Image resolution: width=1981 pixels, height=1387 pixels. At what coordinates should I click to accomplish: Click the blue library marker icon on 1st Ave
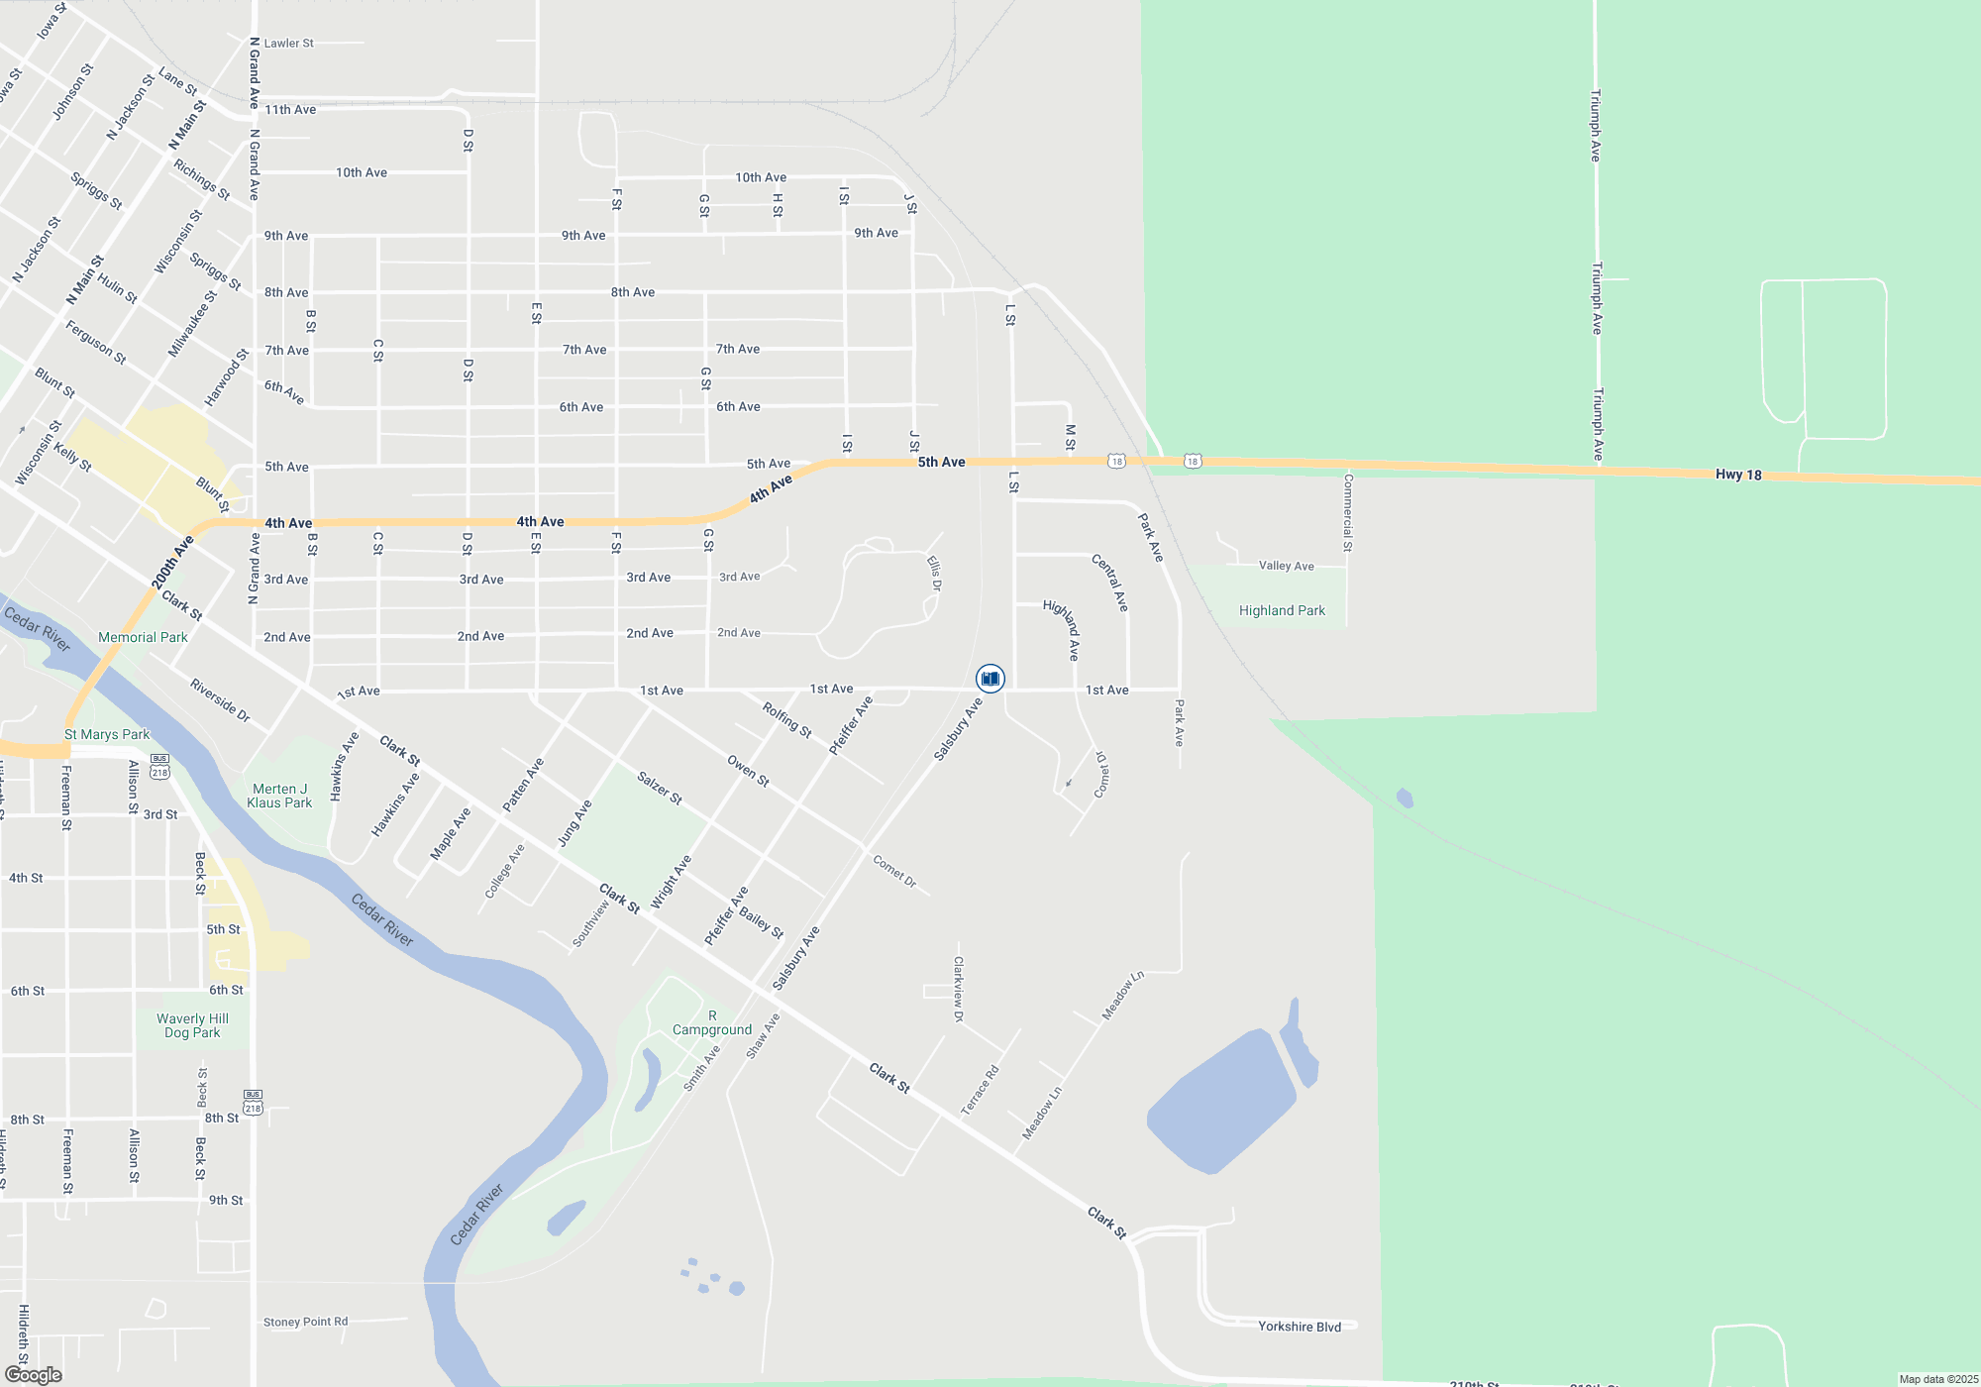tap(990, 679)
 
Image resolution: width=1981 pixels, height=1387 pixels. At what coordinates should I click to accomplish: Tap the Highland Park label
tap(1282, 611)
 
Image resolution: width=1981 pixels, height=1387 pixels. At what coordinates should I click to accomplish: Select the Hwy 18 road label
tap(1738, 475)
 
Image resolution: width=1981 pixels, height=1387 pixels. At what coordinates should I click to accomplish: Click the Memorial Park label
tap(143, 637)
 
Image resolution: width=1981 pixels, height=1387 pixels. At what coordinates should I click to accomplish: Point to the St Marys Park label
tap(107, 734)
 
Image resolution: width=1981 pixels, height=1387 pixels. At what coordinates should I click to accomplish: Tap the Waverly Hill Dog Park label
tap(192, 1025)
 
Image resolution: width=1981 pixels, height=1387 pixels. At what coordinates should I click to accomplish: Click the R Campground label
tap(712, 1023)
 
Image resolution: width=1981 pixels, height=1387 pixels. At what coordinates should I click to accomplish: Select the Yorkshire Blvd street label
tap(1300, 1327)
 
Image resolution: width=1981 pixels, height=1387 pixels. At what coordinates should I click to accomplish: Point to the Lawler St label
tap(288, 44)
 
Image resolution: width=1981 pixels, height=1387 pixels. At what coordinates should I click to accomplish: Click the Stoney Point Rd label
tap(305, 1322)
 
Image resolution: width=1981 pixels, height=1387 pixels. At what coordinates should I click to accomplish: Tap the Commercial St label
tap(1347, 512)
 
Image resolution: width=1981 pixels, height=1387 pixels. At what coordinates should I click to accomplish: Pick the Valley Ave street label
tap(1286, 566)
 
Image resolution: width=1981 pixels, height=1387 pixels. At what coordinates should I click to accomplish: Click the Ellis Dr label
tap(934, 574)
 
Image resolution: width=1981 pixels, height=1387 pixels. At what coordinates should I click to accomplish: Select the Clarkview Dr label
tap(958, 989)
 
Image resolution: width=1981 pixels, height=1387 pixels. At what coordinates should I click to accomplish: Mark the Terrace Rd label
tap(980, 1090)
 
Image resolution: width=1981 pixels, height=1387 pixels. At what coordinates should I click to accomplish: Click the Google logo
tap(34, 1375)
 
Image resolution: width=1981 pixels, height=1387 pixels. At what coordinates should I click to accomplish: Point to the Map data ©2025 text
tap(1938, 1379)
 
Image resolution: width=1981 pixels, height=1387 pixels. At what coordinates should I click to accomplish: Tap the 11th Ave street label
tap(290, 110)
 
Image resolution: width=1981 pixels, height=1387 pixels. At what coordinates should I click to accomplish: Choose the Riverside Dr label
tap(220, 700)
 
